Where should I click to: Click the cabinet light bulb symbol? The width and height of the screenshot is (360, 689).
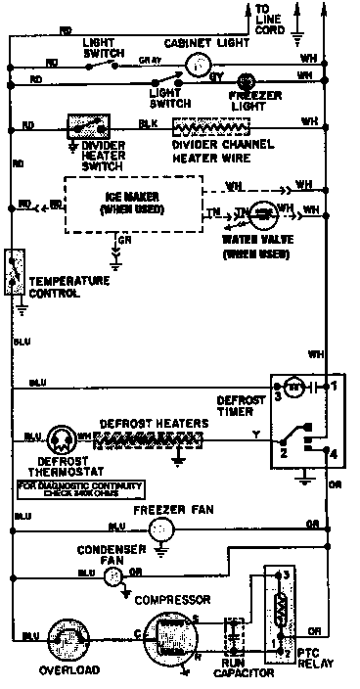coord(200,62)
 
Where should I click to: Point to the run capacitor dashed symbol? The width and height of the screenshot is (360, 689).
coord(235,634)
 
